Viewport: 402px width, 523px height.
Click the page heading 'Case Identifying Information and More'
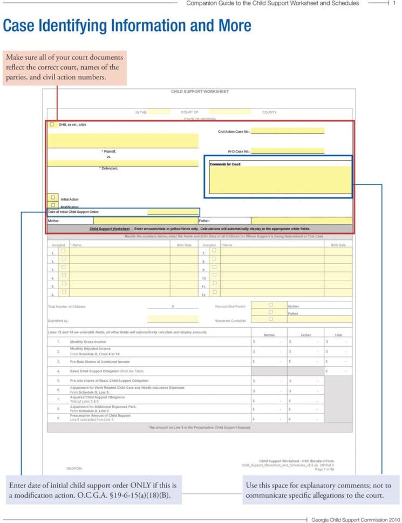[x=127, y=26]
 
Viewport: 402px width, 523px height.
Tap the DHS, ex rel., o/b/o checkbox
[x=52, y=125]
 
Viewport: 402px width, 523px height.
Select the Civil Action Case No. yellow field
[x=288, y=131]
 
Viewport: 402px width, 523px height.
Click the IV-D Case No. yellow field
[x=288, y=152]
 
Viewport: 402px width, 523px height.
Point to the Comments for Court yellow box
[x=280, y=180]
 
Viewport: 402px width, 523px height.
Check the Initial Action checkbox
[x=53, y=197]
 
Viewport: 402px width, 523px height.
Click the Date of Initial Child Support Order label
[x=73, y=212]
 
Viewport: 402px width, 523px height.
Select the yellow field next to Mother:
[x=145, y=221]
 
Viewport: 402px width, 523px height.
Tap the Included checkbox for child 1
[x=63, y=251]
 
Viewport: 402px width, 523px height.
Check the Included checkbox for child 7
[x=214, y=251]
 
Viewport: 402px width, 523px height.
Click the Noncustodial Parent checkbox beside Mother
[x=271, y=305]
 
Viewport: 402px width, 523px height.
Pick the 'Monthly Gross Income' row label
[x=88, y=342]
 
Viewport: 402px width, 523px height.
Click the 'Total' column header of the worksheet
[x=338, y=335]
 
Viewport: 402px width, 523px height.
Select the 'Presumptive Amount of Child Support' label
[x=100, y=416]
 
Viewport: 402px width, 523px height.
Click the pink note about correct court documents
[x=64, y=67]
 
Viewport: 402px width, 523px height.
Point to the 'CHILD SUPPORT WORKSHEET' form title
[x=200, y=92]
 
